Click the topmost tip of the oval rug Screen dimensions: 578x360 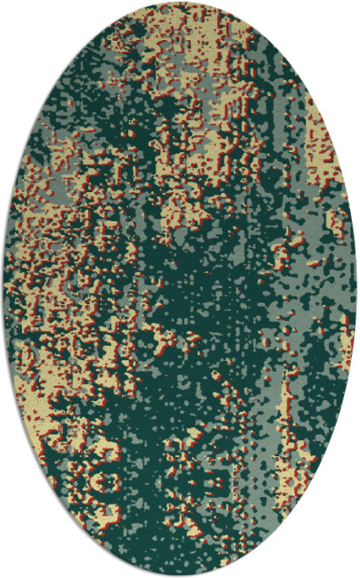180,3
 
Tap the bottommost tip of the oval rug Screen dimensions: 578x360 180,575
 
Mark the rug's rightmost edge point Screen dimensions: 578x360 356,289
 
